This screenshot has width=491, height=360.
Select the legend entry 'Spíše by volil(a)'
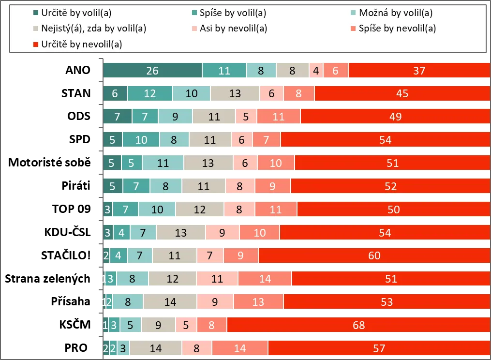[233, 13]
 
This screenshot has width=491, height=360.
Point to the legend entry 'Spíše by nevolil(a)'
[397, 28]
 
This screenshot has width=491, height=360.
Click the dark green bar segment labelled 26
[152, 71]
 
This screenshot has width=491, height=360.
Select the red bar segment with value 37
[419, 71]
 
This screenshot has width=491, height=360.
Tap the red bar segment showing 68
[358, 325]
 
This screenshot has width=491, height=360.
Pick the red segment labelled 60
[374, 255]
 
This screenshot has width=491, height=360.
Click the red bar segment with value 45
[402, 93]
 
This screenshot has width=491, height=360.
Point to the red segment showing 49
[395, 117]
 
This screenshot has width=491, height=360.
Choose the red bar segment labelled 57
[379, 348]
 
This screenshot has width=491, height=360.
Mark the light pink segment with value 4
[316, 71]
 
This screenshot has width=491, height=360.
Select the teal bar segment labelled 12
[149, 93]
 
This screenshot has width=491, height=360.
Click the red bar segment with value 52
[390, 186]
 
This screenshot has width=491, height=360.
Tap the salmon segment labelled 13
[258, 302]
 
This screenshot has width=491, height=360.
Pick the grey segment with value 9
[158, 325]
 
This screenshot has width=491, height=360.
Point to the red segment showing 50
[393, 210]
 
